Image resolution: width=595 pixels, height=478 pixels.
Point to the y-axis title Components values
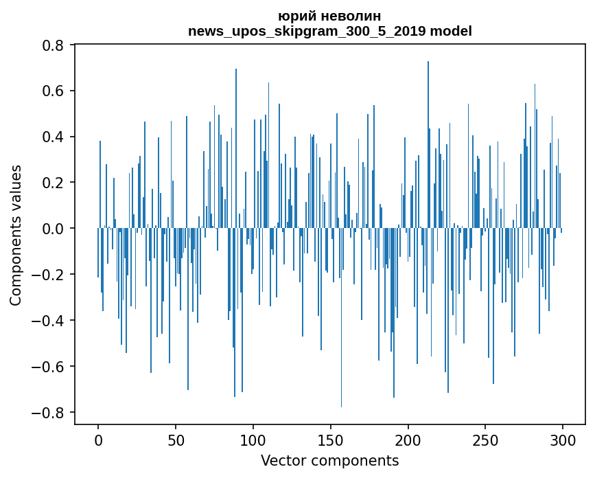tap(16, 235)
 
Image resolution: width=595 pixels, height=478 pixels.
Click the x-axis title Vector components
tap(329, 460)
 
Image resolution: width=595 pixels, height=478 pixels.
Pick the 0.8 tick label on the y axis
tap(54, 45)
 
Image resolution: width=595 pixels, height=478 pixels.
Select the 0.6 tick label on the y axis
tap(54, 91)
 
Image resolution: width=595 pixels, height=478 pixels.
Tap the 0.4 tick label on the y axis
tap(54, 137)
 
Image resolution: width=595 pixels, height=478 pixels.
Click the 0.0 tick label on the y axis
tap(54, 229)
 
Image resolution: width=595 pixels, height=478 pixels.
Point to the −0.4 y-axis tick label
tap(49, 321)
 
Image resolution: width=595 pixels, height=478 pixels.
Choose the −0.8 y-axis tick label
tap(49, 413)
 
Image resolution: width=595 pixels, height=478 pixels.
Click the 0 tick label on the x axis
tap(98, 439)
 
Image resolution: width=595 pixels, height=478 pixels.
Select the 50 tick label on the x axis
tap(176, 439)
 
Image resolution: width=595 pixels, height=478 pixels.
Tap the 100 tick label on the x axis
tap(253, 439)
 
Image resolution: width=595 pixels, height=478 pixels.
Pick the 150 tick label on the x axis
tap(331, 439)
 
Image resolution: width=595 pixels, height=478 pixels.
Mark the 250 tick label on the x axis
tap(486, 439)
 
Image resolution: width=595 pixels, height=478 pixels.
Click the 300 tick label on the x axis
tap(563, 439)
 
